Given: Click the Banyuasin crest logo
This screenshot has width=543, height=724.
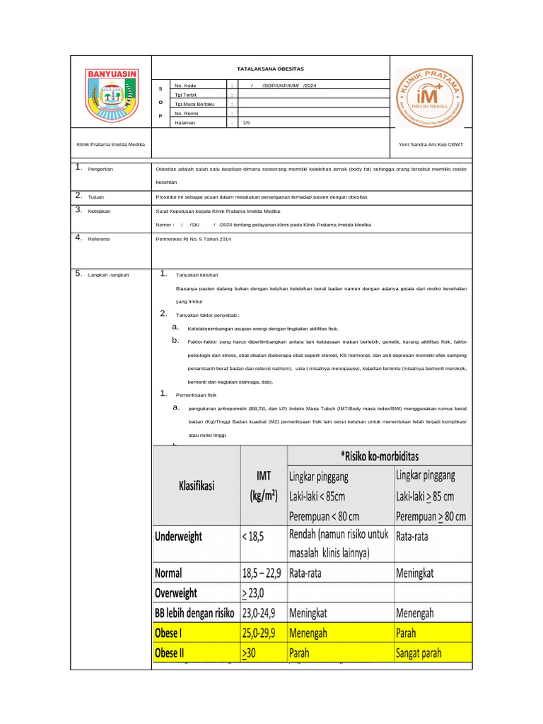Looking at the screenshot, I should click(112, 93).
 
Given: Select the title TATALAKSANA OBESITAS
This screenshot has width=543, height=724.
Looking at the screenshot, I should click(270, 69).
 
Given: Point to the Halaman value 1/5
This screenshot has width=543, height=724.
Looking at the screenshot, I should click(246, 122).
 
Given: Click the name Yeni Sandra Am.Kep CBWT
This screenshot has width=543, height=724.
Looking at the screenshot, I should click(431, 144).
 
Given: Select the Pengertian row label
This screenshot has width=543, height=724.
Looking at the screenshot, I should click(100, 170).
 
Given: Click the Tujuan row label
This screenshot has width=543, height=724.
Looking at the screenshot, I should click(95, 196).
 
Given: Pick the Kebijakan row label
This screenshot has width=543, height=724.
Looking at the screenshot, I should click(99, 211).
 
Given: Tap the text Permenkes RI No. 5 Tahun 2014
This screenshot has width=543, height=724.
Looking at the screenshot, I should click(193, 239).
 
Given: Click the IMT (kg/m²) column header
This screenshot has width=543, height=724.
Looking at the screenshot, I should click(262, 486).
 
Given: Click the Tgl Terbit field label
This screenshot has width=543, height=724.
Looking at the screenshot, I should click(187, 94).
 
